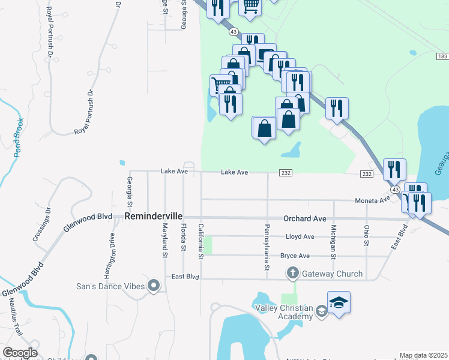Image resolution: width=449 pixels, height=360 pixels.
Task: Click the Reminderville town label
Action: point(153,216)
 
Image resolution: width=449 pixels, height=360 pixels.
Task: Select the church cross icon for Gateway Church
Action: point(293,274)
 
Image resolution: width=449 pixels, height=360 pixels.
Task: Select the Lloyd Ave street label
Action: point(300,237)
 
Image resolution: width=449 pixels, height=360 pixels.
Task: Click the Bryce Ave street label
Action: point(295,256)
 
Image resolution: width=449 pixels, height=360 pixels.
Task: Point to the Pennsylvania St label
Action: point(265,247)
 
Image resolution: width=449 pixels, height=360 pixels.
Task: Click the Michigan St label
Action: point(332,239)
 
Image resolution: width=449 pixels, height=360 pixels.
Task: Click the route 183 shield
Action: point(442,56)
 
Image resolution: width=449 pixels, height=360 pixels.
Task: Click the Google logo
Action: point(20,353)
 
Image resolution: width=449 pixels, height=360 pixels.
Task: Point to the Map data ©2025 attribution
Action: point(424,355)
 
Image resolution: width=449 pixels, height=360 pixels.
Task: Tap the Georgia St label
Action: point(130,191)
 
